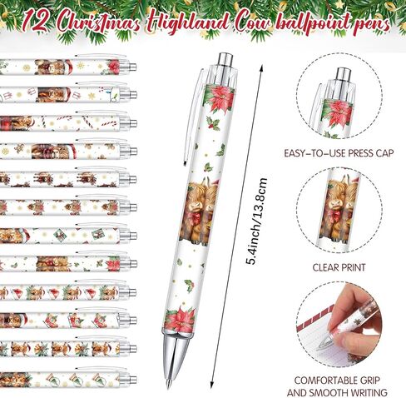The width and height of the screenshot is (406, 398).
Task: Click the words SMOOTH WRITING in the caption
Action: pos(364,391)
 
